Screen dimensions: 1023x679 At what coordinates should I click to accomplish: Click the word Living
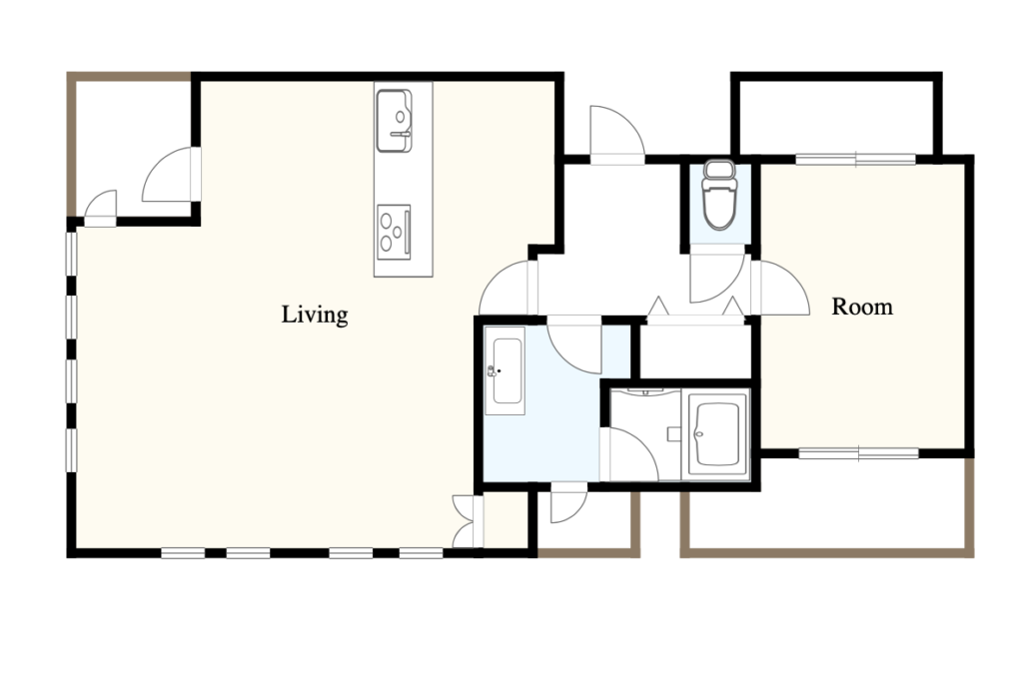click(x=315, y=316)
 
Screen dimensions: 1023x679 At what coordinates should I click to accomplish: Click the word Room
click(x=862, y=307)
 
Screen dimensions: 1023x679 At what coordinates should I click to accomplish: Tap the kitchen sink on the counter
click(x=394, y=121)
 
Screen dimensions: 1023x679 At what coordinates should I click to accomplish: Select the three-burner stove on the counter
click(x=394, y=233)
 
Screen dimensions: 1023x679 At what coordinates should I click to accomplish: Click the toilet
click(x=719, y=195)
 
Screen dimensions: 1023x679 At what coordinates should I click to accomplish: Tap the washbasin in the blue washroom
click(x=505, y=371)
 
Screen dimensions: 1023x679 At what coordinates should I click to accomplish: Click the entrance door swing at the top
click(x=616, y=134)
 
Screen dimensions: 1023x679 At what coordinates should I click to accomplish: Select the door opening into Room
click(x=780, y=288)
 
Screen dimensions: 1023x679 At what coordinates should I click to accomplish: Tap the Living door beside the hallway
click(x=509, y=287)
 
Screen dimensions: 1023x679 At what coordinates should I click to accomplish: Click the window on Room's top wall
click(x=855, y=159)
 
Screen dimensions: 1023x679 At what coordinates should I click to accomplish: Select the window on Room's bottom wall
click(x=858, y=452)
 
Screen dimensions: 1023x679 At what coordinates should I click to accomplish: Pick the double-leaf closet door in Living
click(x=468, y=521)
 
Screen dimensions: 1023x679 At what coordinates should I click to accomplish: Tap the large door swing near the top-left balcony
click(x=171, y=174)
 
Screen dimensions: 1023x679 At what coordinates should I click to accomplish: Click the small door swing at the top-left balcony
click(x=101, y=208)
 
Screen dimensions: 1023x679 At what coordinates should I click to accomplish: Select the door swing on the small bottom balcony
click(x=568, y=503)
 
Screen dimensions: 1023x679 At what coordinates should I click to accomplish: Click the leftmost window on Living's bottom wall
click(x=184, y=553)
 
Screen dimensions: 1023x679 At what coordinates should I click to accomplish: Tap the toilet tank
click(x=719, y=170)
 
